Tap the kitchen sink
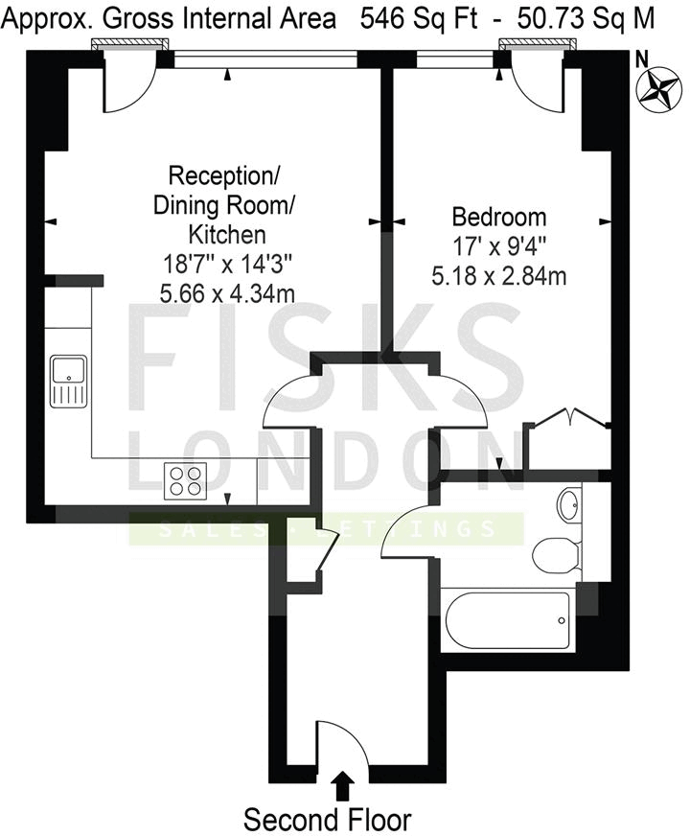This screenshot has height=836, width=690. (x=69, y=381)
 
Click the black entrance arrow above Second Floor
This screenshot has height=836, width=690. (x=339, y=786)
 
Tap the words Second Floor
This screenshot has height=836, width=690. (x=327, y=821)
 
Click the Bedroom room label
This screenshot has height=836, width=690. (x=499, y=217)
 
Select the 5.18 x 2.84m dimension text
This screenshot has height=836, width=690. (x=499, y=277)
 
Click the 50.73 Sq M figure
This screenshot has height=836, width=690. (x=587, y=18)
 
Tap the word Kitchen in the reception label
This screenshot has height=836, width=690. (x=226, y=234)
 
